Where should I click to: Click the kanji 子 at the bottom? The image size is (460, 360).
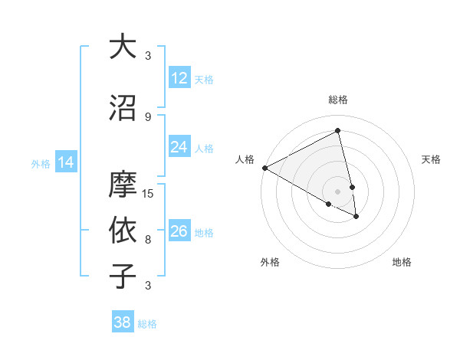pos(123,277)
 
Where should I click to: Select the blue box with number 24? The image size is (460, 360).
pos(179,147)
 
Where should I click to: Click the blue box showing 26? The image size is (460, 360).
pos(179,231)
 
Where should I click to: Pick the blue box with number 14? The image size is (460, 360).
pos(66,162)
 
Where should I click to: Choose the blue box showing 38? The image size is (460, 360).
pos(122,322)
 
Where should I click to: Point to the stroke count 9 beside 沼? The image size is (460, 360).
pos(148,116)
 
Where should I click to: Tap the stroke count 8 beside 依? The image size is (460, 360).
pos(148,239)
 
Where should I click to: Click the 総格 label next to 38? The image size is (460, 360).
pos(147,324)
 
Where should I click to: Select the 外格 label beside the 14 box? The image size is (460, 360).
pos(41,163)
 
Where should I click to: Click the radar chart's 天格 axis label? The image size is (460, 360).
pos(432,159)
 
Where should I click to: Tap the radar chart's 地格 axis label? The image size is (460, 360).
pos(402,262)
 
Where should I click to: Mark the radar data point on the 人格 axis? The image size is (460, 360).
pos(264,168)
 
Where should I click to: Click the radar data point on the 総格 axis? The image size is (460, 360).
pos(338,131)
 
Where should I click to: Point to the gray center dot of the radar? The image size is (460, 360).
pos(338,190)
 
